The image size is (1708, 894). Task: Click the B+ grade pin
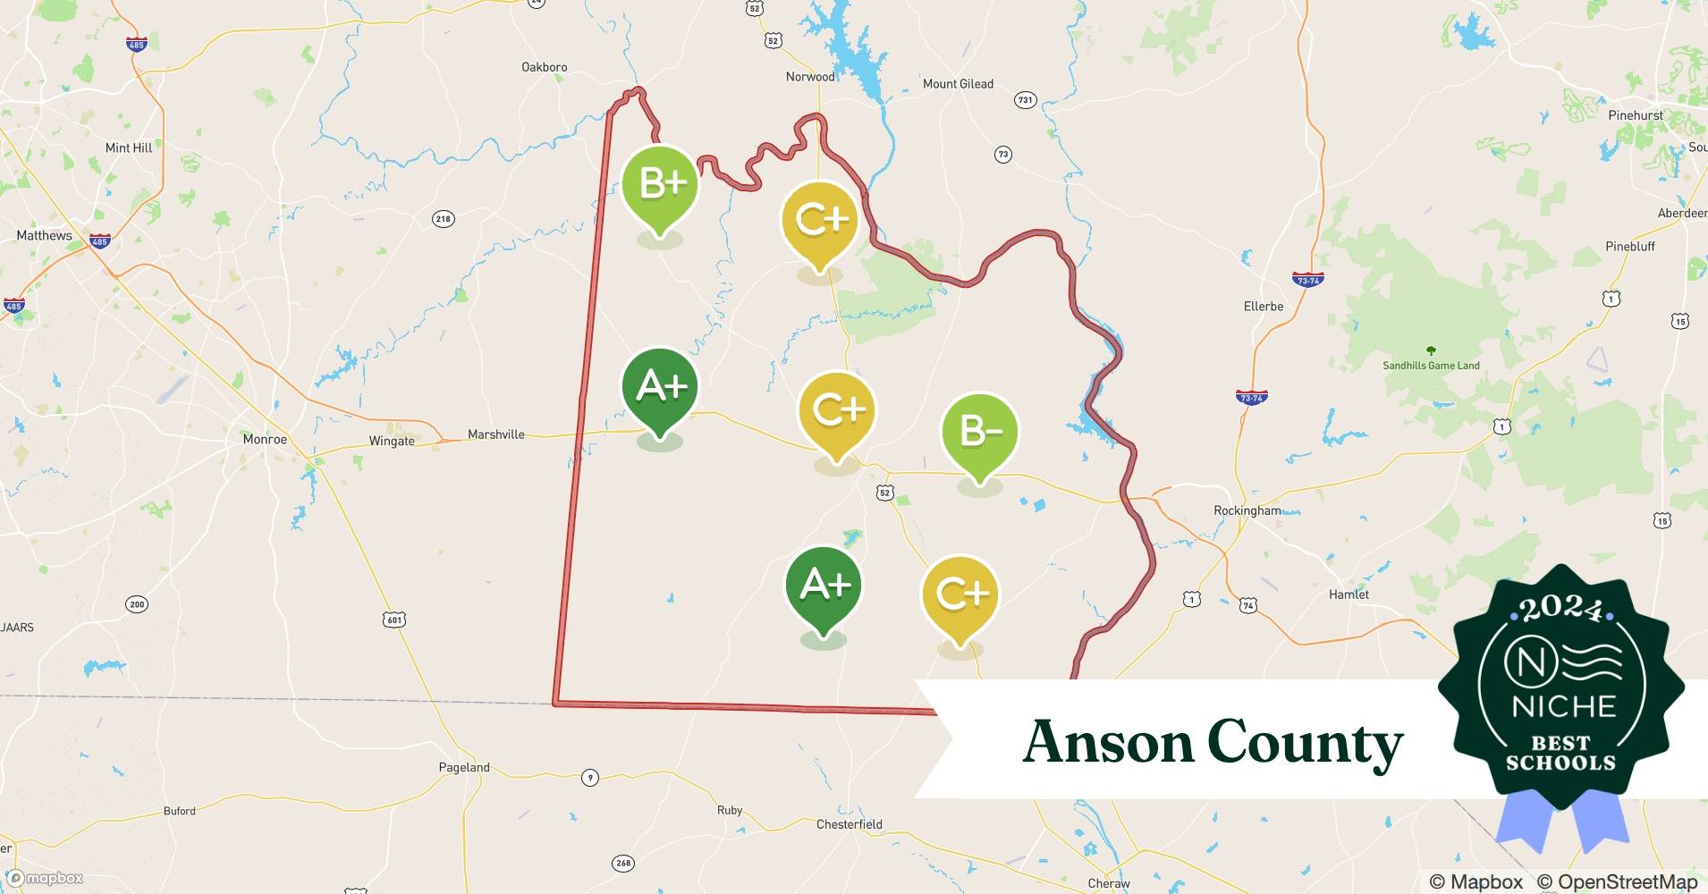pyautogui.click(x=660, y=184)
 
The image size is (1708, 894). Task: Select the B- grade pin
pyautogui.click(x=980, y=432)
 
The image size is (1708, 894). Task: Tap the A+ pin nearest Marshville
pyautogui.click(x=660, y=387)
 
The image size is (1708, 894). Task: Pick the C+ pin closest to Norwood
pyautogui.click(x=819, y=220)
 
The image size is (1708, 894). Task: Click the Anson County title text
pyautogui.click(x=1213, y=742)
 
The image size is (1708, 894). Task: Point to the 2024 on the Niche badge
pyautogui.click(x=1561, y=608)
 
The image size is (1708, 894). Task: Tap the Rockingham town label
pyautogui.click(x=1247, y=510)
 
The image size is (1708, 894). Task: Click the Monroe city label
pyautogui.click(x=265, y=439)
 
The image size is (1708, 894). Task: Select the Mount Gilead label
pyautogui.click(x=958, y=84)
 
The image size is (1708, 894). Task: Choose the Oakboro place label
pyautogui.click(x=544, y=67)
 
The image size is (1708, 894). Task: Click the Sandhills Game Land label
pyautogui.click(x=1431, y=365)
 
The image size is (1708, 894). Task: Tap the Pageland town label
pyautogui.click(x=464, y=767)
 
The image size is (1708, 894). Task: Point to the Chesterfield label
pyautogui.click(x=849, y=824)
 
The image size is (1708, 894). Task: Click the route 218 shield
pyautogui.click(x=443, y=218)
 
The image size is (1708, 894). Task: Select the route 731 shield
pyautogui.click(x=1025, y=100)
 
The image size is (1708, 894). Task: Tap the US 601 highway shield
pyautogui.click(x=394, y=619)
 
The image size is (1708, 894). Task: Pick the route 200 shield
pyautogui.click(x=136, y=604)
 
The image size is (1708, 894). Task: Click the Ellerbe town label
pyautogui.click(x=1263, y=306)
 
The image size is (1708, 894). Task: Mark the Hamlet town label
pyautogui.click(x=1349, y=594)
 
